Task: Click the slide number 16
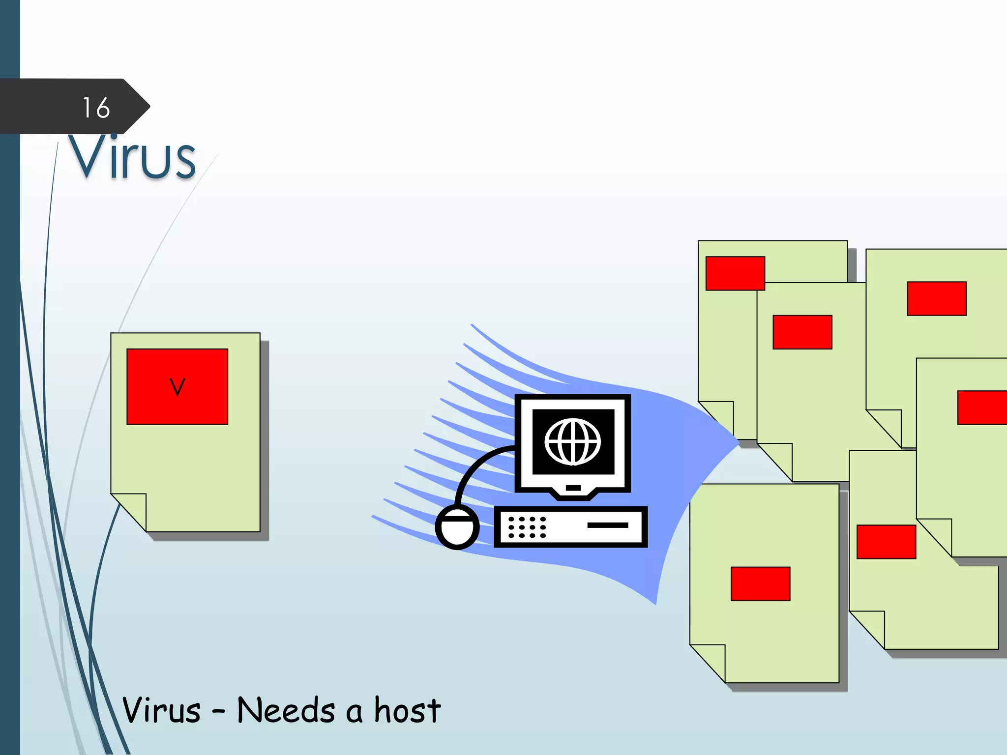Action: [96, 108]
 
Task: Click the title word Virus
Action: [132, 156]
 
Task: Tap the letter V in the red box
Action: [177, 387]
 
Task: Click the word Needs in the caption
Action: [286, 710]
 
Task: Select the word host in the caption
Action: [407, 710]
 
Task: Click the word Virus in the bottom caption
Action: [161, 710]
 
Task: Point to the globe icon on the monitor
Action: [572, 441]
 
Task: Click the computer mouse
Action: [457, 528]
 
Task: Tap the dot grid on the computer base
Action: [527, 527]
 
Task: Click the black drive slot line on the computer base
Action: [607, 525]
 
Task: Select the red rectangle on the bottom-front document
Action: [760, 584]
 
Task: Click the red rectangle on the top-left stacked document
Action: [735, 273]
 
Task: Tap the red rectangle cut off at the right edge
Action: [981, 407]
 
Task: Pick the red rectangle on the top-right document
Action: [936, 298]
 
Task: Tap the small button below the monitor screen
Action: [573, 488]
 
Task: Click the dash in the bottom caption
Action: [219, 711]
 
